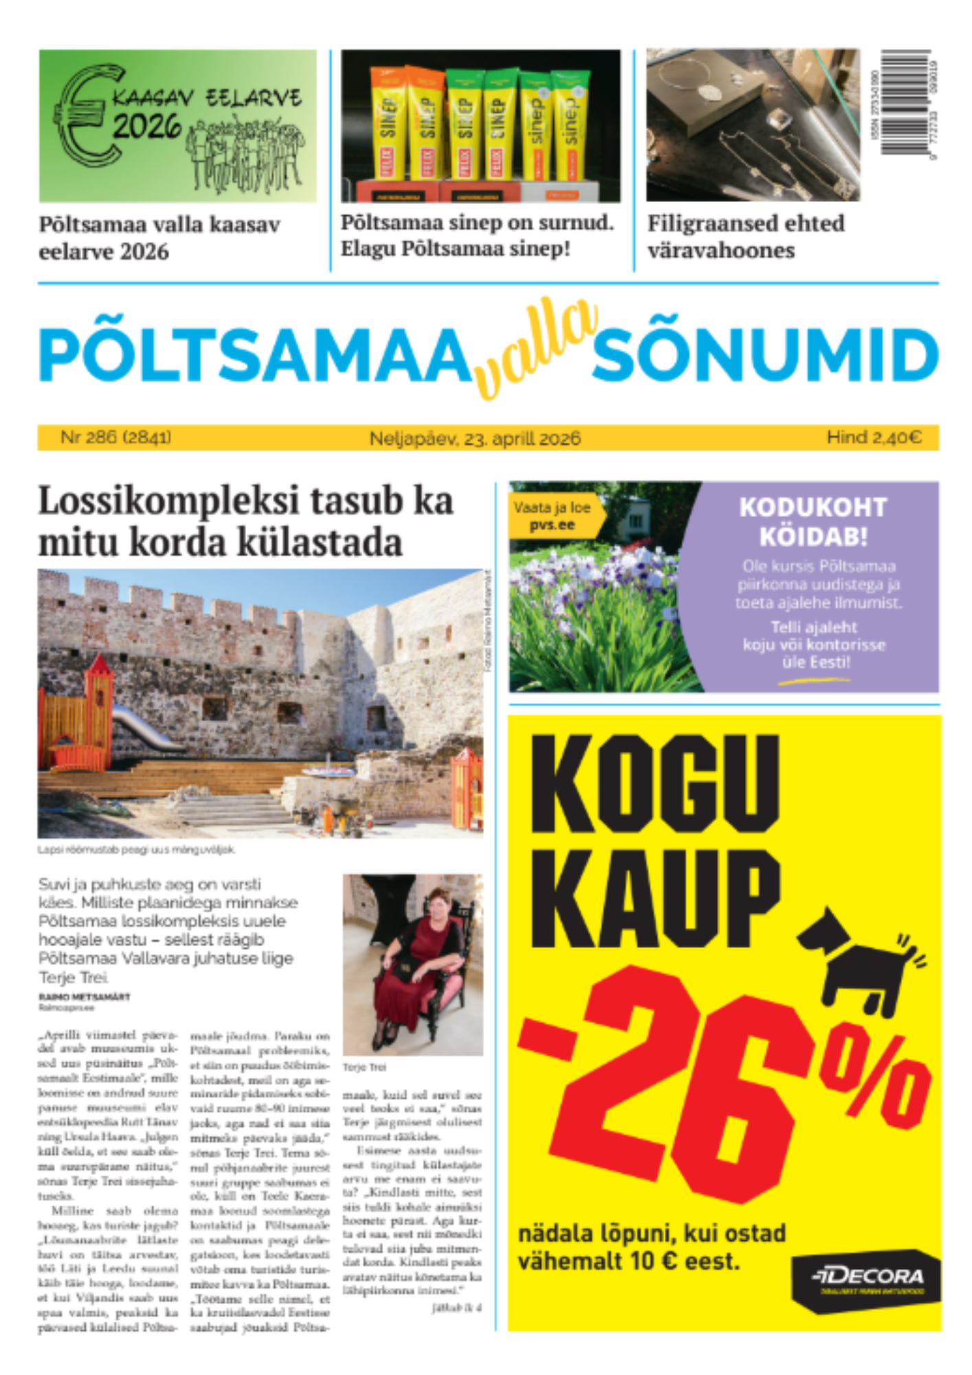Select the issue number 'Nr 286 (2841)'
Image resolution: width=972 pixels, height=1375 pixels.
[115, 437]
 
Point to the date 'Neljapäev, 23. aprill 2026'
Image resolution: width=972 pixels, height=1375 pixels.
[474, 438]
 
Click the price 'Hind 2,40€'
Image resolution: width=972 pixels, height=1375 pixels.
[874, 437]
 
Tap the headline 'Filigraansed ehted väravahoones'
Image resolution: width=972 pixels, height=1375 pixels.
[746, 236]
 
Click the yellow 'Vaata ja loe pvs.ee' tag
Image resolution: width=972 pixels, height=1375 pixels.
[553, 516]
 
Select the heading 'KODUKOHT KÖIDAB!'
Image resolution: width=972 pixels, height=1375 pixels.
[813, 522]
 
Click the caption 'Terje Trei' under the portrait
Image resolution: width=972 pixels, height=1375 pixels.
[365, 1067]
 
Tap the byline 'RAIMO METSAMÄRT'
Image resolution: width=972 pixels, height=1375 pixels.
[84, 996]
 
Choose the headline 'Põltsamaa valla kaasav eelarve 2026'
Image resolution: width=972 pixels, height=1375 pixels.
[159, 238]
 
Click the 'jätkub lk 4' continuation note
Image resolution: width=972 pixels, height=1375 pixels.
[456, 1308]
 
